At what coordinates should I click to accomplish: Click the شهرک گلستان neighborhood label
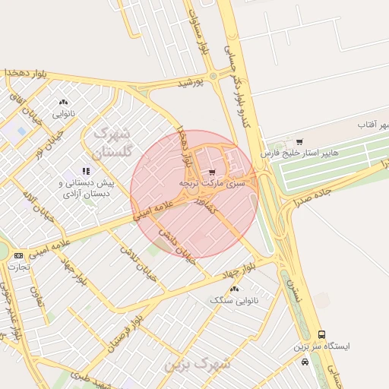click(112, 142)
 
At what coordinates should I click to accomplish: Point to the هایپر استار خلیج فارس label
click(298, 153)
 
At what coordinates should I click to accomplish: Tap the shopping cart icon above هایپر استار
click(299, 141)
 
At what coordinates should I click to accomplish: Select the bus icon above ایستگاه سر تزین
click(322, 334)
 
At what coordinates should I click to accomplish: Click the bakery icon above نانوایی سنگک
click(234, 289)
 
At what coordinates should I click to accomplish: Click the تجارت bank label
click(18, 267)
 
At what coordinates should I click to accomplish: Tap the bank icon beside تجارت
click(18, 255)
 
